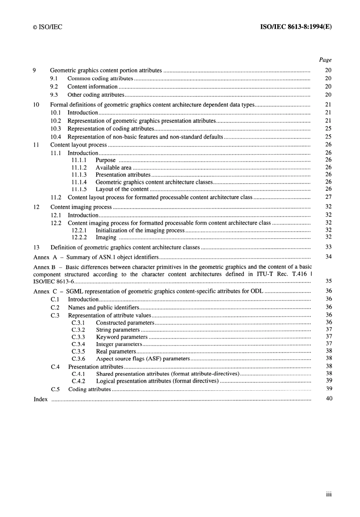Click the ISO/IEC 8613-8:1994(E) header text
296,27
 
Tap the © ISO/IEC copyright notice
47,27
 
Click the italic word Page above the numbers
325,60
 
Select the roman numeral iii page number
329,494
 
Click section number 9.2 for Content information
54,86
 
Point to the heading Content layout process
78,145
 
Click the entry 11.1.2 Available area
113,167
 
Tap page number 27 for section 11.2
328,197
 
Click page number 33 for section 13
328,247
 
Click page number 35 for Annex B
329,281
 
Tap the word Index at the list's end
41,399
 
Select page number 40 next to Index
329,398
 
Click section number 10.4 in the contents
56,137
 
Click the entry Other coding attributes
96,95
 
